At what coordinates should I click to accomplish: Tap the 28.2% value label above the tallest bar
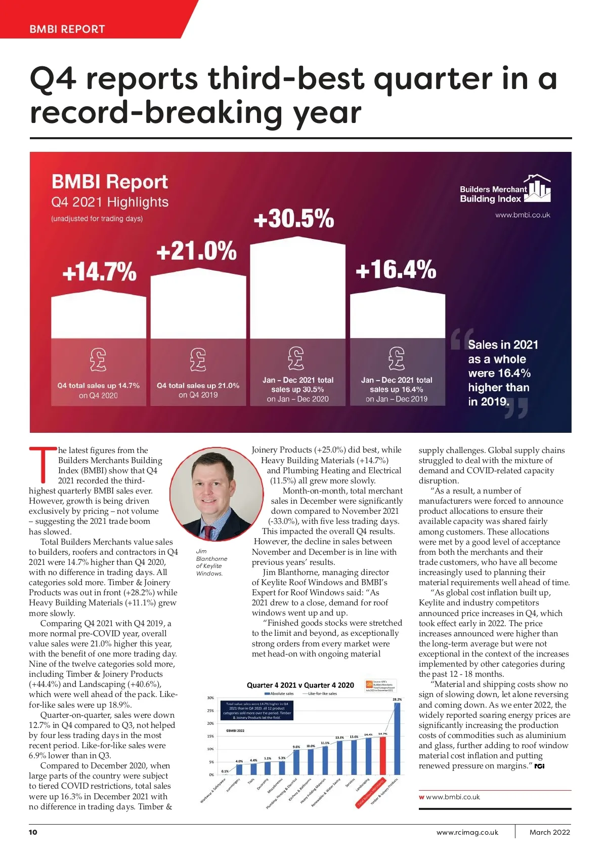[397, 699]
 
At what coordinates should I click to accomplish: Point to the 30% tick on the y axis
[210, 698]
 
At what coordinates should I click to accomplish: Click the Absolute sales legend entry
[279, 693]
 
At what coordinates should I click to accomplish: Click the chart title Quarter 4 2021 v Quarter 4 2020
[300, 685]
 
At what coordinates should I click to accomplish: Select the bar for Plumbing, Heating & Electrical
[296, 762]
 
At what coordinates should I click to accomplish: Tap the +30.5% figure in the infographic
[293, 219]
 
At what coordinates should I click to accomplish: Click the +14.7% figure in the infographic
[99, 271]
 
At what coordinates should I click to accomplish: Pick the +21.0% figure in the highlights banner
[196, 251]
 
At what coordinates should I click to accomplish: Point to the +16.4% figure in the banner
[396, 269]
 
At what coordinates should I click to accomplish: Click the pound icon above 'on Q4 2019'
[198, 359]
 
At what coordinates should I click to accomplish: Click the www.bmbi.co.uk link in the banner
[523, 215]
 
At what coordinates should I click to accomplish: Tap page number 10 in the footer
[33, 832]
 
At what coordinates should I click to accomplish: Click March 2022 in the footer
[549, 832]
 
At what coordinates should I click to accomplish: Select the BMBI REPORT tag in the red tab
[67, 29]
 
